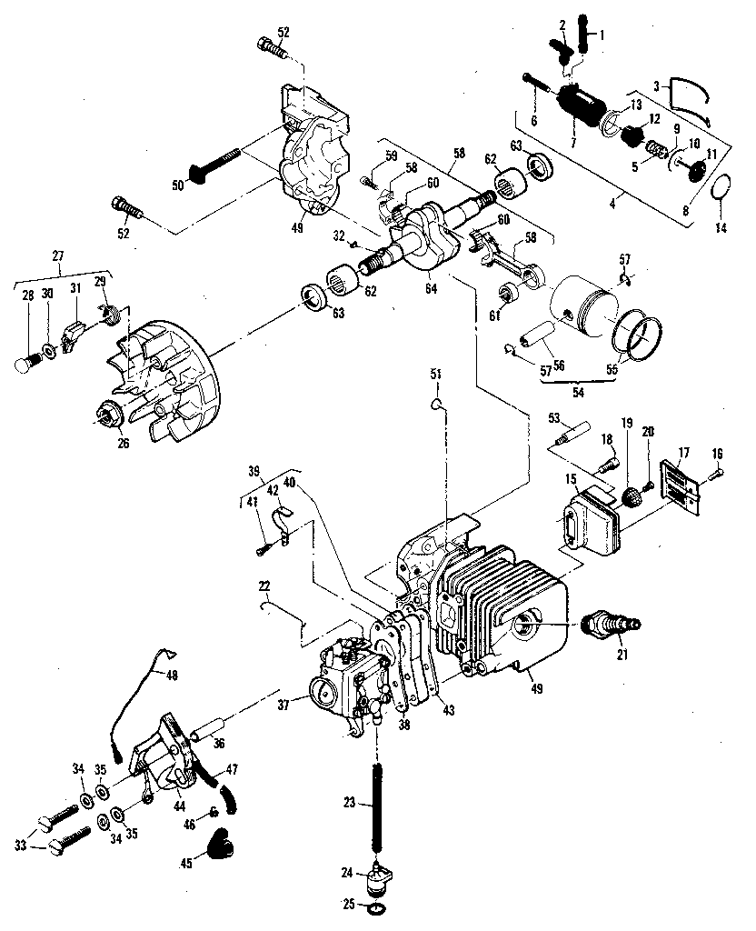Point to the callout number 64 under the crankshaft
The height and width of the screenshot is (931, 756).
point(431,288)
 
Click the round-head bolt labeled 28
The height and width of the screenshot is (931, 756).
point(26,362)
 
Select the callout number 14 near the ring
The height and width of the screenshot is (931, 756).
point(721,226)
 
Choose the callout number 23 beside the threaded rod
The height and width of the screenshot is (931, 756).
point(350,803)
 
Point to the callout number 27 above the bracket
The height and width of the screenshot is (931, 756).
point(58,255)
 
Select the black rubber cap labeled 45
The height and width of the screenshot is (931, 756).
point(219,842)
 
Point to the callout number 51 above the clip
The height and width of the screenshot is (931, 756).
point(436,374)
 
